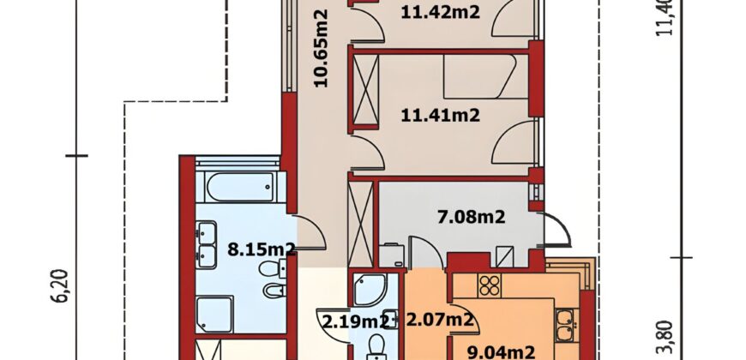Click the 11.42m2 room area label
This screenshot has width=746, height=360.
click(x=440, y=12)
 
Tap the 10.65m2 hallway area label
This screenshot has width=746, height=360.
click(x=322, y=49)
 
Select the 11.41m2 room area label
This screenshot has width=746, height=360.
click(x=440, y=115)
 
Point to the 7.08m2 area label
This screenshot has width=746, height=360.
click(x=471, y=218)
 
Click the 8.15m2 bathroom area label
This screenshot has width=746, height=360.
click(x=262, y=249)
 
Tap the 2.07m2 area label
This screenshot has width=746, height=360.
click(x=440, y=320)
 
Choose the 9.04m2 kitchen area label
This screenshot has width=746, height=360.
click(x=501, y=353)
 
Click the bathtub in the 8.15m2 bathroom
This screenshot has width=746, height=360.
click(x=241, y=187)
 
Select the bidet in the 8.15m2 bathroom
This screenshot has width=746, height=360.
click(x=274, y=290)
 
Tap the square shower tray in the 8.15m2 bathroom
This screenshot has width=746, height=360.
click(x=214, y=315)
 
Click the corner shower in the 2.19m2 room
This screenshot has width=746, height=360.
click(x=370, y=289)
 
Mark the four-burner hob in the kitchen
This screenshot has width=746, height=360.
click(x=489, y=285)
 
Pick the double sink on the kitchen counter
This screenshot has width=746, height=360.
click(x=567, y=325)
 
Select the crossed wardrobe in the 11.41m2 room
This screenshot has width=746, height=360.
click(x=365, y=89)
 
